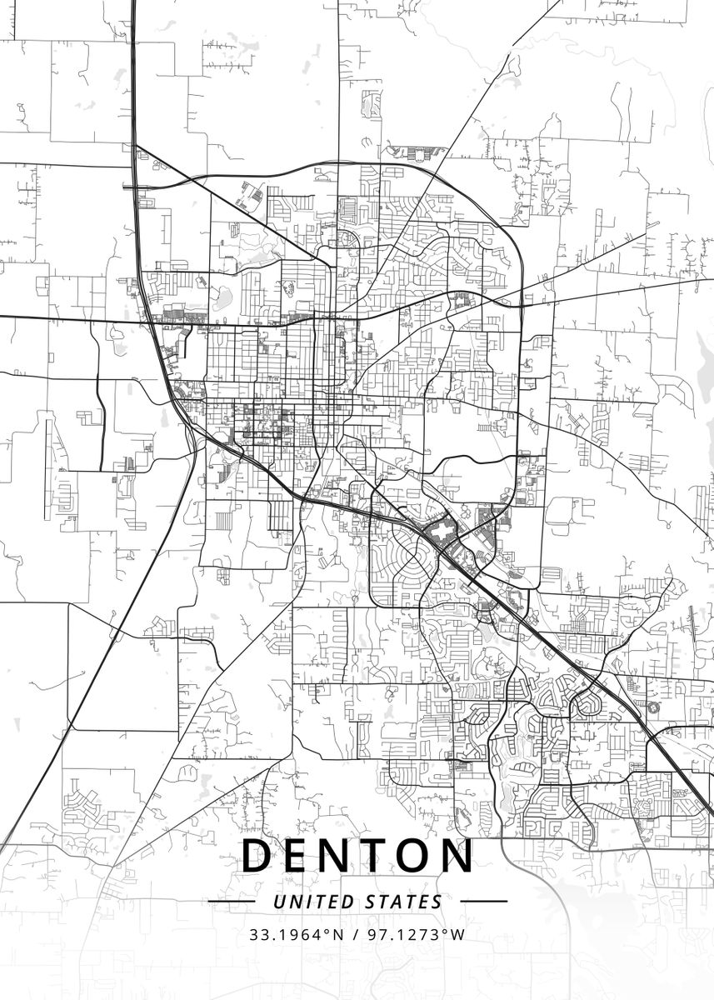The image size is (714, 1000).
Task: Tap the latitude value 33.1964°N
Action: click(x=297, y=934)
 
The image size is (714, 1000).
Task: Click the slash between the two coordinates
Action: click(x=356, y=934)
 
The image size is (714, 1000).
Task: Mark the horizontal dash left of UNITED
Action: click(x=232, y=902)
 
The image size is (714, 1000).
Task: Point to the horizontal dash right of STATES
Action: click(x=483, y=902)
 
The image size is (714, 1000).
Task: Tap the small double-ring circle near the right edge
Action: click(x=652, y=707)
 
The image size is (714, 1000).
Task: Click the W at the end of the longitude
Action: click(x=458, y=934)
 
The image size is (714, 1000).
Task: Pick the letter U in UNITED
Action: click(x=278, y=902)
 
